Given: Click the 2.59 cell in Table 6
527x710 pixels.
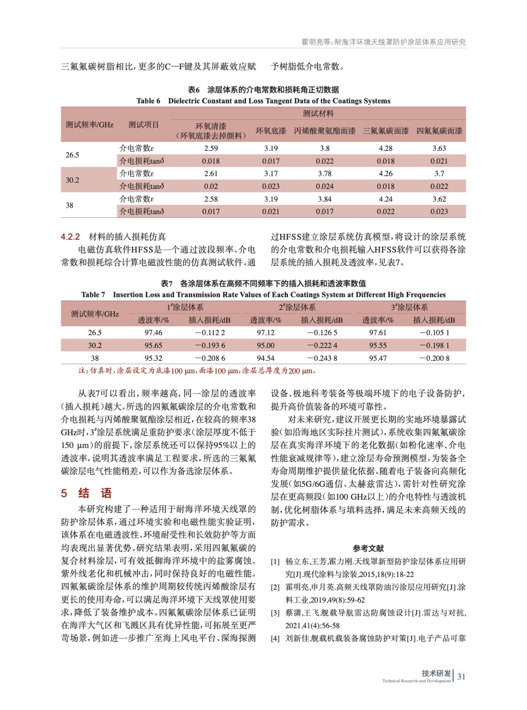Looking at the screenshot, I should tap(211, 148).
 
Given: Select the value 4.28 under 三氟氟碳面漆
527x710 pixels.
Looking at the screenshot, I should tap(385, 148).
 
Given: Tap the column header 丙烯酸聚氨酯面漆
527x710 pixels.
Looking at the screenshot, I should tap(325, 131).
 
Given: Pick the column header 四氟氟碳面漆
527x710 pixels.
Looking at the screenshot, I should tap(439, 131).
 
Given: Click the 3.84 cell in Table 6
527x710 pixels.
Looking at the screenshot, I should tap(325, 199).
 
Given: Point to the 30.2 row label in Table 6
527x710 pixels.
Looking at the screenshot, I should tap(72, 180).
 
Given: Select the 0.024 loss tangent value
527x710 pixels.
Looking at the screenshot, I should tap(325, 186).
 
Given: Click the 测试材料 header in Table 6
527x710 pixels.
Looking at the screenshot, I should tap(318, 114).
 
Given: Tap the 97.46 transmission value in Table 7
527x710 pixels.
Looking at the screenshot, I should tap(153, 333).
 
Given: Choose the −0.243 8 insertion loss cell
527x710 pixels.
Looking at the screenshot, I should tap(322, 358).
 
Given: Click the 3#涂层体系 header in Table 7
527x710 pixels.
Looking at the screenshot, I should tap(409, 307).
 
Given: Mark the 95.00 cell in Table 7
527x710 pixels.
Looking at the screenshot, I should tap(265, 345).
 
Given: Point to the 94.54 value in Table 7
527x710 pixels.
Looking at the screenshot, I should tap(265, 358).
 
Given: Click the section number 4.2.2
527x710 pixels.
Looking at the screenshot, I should tap(70, 237).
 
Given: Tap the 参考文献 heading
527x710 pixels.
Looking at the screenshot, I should tap(368, 548).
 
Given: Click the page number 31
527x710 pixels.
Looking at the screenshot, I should tap(461, 676).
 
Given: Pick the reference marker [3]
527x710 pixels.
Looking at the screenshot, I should tap(275, 613).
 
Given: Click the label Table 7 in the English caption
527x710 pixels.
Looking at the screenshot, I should tap(93, 295).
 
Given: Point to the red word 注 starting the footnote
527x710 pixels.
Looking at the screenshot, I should tap(82, 371).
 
